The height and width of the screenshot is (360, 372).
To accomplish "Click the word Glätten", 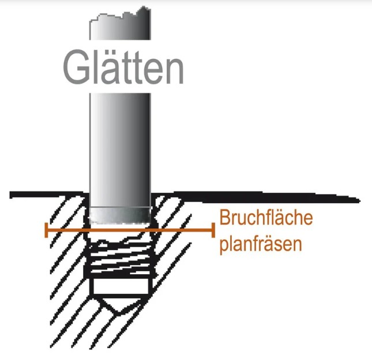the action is [x=123, y=67].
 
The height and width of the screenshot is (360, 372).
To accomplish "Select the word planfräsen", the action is [x=261, y=244].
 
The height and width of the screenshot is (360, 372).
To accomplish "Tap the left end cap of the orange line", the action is [x=46, y=230].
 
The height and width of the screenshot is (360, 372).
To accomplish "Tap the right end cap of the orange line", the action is [x=213, y=230].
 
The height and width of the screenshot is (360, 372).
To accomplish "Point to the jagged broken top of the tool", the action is [x=120, y=16].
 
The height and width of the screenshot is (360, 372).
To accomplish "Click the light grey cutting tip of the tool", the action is [x=121, y=215].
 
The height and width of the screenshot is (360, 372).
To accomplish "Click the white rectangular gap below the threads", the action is [x=121, y=286].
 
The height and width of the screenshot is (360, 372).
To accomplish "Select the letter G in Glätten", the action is [x=76, y=67].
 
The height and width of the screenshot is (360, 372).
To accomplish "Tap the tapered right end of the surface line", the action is [x=360, y=201].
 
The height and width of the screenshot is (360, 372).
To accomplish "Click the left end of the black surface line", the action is [x=10, y=195].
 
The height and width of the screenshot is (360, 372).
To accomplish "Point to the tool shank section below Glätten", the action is [x=121, y=149].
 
